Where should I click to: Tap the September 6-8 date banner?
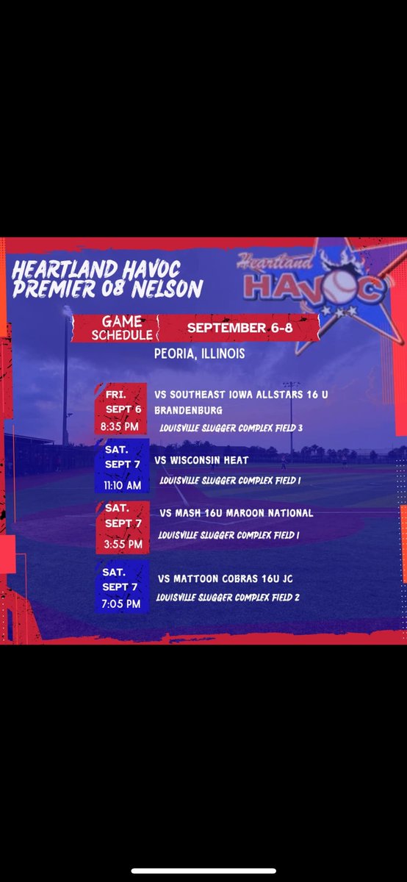239,328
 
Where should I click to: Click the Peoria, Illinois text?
199,354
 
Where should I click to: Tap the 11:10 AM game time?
123,484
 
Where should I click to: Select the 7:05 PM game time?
122,603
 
